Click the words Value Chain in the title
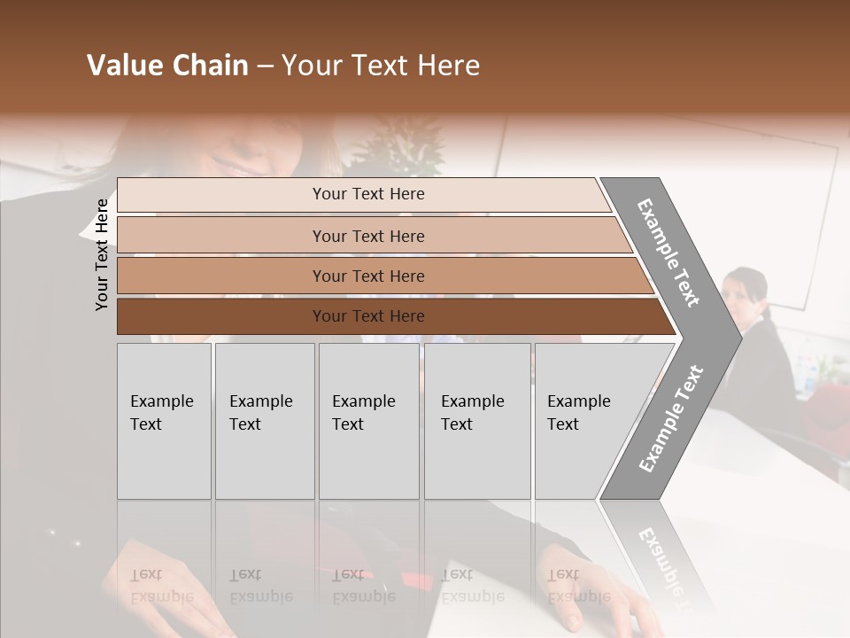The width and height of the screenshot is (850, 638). tap(167, 66)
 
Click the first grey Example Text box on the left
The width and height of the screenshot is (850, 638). tap(164, 421)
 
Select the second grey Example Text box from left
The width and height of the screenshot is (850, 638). tap(264, 421)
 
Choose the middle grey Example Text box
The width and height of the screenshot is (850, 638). tap(368, 421)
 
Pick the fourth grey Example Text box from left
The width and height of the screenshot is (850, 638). tap(476, 421)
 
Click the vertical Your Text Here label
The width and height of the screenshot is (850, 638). tap(102, 254)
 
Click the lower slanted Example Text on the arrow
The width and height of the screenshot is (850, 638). tap(670, 419)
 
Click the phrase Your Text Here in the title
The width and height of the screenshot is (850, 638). tap(381, 66)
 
